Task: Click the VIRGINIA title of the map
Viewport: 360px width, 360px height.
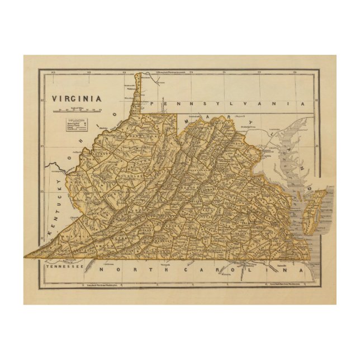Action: pyautogui.click(x=77, y=98)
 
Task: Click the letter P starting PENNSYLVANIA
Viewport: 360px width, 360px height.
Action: pyautogui.click(x=159, y=105)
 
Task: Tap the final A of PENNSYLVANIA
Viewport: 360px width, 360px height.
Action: pyautogui.click(x=303, y=104)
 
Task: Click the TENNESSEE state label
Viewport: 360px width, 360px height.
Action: pyautogui.click(x=63, y=267)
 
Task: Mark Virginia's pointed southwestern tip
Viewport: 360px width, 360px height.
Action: pyautogui.click(x=27, y=257)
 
